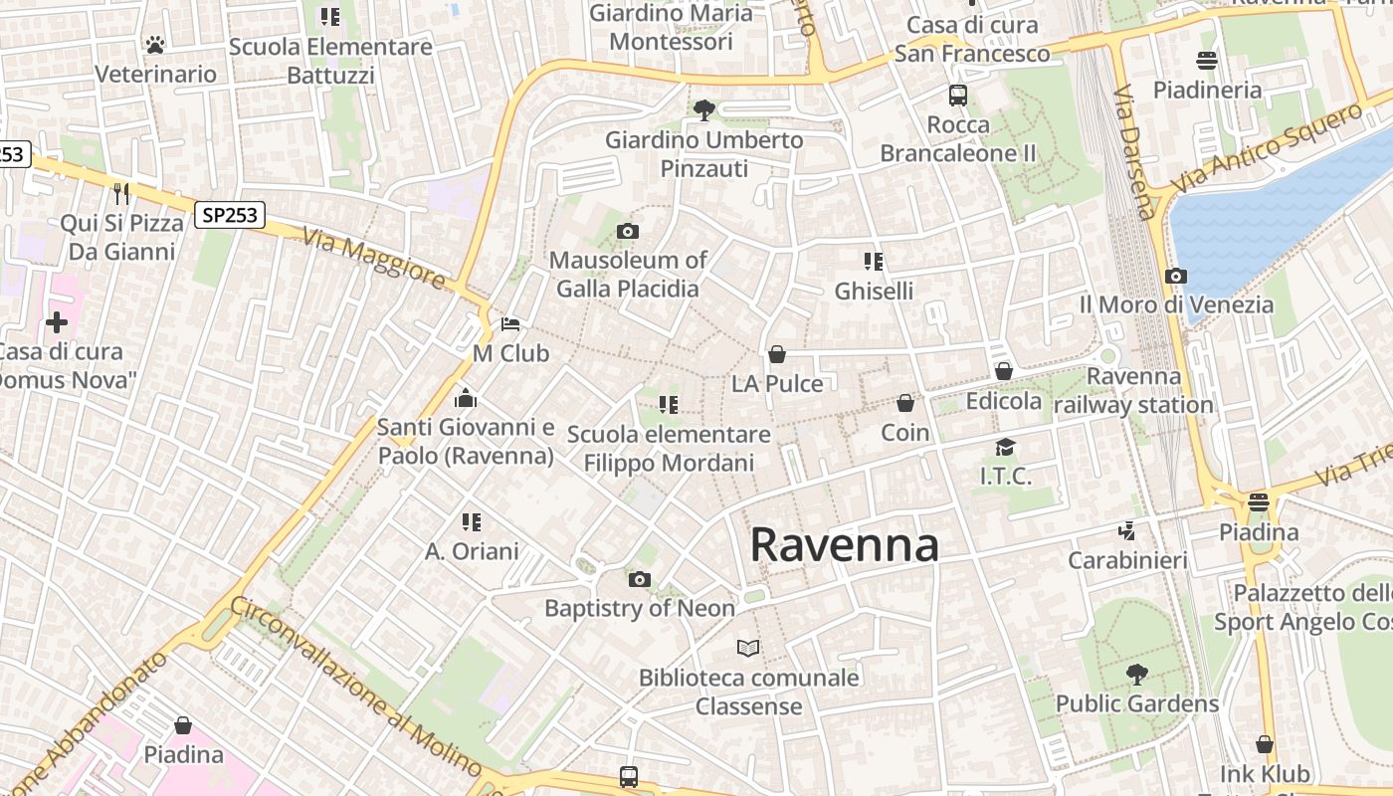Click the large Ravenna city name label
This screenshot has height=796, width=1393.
[x=844, y=545]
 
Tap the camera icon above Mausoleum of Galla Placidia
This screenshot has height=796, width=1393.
[x=627, y=232]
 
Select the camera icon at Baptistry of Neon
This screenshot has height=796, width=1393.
[x=639, y=579]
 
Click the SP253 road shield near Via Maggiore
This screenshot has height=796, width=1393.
[x=229, y=214]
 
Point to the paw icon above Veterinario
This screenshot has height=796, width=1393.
[x=155, y=44]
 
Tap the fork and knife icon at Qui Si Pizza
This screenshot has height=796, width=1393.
[x=121, y=193]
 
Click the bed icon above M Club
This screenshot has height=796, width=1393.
[x=510, y=324]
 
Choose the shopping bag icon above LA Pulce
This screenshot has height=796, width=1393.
[x=777, y=354]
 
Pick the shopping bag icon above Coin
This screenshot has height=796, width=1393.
[x=905, y=403]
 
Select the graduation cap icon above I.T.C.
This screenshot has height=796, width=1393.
[x=1006, y=447]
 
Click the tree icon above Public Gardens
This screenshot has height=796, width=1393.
[x=1136, y=675]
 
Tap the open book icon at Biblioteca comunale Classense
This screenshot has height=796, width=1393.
[x=748, y=649]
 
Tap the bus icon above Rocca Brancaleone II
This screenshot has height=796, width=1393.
[x=958, y=96]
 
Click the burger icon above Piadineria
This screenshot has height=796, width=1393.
[x=1207, y=61]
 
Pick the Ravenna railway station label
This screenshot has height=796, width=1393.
[x=1133, y=391]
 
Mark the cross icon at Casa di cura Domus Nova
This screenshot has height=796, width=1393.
[x=57, y=322]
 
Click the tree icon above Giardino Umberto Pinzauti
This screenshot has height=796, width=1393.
[x=704, y=109]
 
